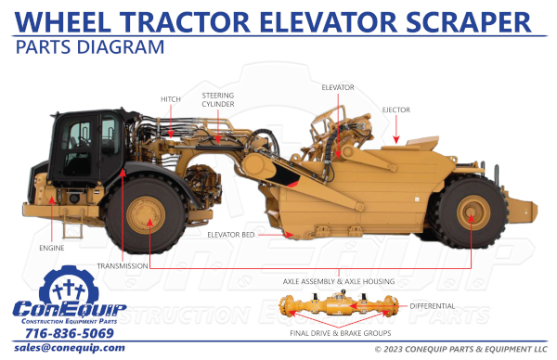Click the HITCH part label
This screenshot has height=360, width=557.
170,98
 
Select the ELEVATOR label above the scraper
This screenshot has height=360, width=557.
337,87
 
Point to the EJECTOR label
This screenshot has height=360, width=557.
395,109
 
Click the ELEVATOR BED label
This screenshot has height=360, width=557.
231,235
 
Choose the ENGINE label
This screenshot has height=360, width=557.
52,249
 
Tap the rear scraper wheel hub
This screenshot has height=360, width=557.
472,217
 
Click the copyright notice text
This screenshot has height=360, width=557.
460,350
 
